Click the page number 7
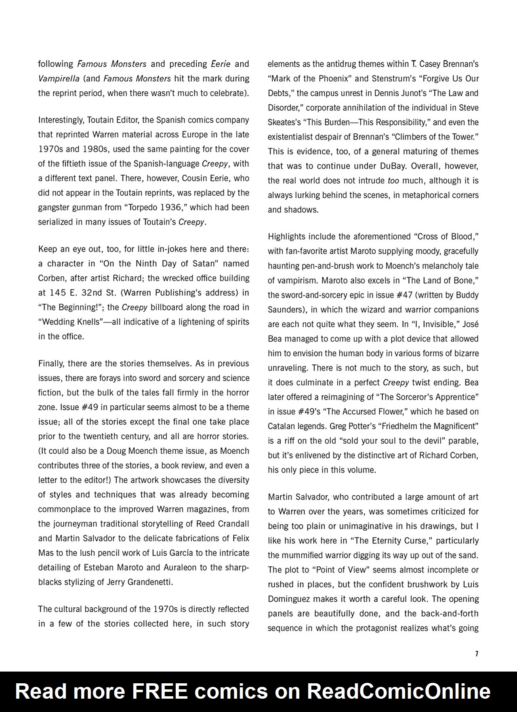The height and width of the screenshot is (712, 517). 477,654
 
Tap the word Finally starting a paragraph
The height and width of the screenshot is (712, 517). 51,363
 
